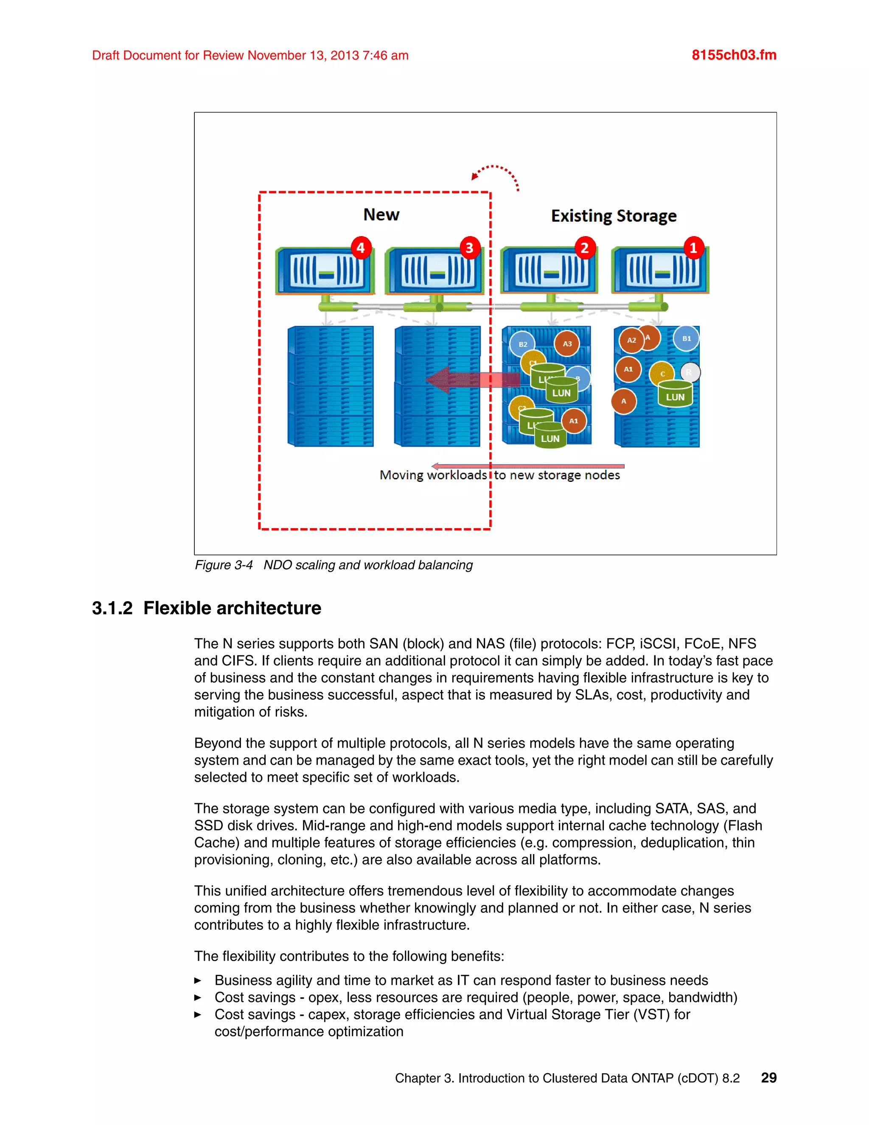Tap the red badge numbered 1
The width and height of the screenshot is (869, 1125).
coord(693,248)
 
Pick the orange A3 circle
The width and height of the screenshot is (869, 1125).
coord(567,343)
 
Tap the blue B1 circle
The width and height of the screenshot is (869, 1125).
coord(686,338)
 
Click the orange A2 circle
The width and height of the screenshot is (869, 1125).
coord(631,340)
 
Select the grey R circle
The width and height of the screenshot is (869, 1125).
coord(690,372)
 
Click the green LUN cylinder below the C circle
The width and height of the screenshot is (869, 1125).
coord(675,394)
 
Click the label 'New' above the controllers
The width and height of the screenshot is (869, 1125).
coord(381,215)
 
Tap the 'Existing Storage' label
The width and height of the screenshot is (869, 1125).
coord(614,216)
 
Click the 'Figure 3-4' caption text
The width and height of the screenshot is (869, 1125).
coord(224,565)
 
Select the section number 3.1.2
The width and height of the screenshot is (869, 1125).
coord(112,608)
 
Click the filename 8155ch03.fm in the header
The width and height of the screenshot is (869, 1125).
coord(734,55)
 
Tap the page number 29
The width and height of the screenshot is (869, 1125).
coord(768,1077)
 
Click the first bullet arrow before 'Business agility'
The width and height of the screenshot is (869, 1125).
coord(198,981)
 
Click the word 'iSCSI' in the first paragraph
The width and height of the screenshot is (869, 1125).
coord(657,644)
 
